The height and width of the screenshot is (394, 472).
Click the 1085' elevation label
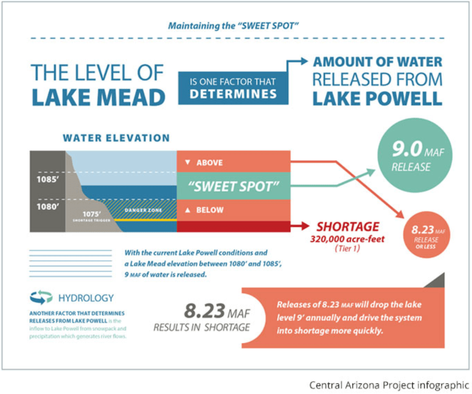[x=47, y=181]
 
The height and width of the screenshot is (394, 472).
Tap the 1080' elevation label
[x=47, y=207]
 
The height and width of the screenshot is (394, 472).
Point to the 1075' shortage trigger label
[x=90, y=215]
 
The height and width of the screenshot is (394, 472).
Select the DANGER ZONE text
[x=142, y=211]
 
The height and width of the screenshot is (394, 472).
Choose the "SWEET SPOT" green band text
[x=234, y=186]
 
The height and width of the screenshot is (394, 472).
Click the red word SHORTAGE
[x=348, y=226]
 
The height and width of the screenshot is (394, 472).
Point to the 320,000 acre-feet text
[x=348, y=239]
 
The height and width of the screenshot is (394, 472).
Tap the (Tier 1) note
[x=348, y=249]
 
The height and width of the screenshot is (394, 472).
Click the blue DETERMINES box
[x=234, y=87]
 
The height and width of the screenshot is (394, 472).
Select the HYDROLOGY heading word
[x=86, y=298]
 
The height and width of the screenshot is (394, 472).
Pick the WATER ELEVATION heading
[x=116, y=138]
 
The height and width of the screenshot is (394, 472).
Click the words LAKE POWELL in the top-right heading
[x=377, y=99]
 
